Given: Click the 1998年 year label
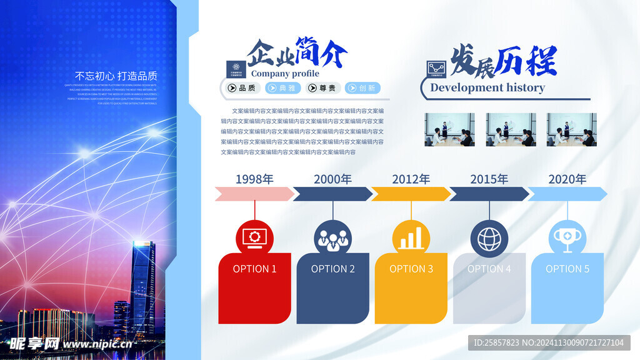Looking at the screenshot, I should pyautogui.click(x=254, y=179).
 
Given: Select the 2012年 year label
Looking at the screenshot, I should pyautogui.click(x=411, y=179).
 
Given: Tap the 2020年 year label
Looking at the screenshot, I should pyautogui.click(x=567, y=179).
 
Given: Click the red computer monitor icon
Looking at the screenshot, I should pyautogui.click(x=254, y=238).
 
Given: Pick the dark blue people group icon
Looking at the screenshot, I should pyautogui.click(x=332, y=238).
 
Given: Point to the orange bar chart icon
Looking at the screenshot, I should pyautogui.click(x=411, y=238).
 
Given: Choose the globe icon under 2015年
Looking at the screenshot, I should pyautogui.click(x=489, y=238).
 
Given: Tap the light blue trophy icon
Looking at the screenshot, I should pyautogui.click(x=567, y=238).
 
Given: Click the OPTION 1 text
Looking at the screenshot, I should pyautogui.click(x=254, y=269).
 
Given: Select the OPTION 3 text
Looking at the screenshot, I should pyautogui.click(x=411, y=269).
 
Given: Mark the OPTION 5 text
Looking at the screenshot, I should pyautogui.click(x=567, y=269).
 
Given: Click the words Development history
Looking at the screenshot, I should pyautogui.click(x=487, y=87).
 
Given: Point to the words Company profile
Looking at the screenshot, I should pyautogui.click(x=285, y=74).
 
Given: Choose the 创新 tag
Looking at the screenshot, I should pyautogui.click(x=362, y=88).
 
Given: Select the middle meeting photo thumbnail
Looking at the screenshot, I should pyautogui.click(x=511, y=129).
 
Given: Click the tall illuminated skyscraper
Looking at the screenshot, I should pyautogui.click(x=143, y=287).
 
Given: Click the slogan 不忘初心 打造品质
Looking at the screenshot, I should pyautogui.click(x=116, y=76).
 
